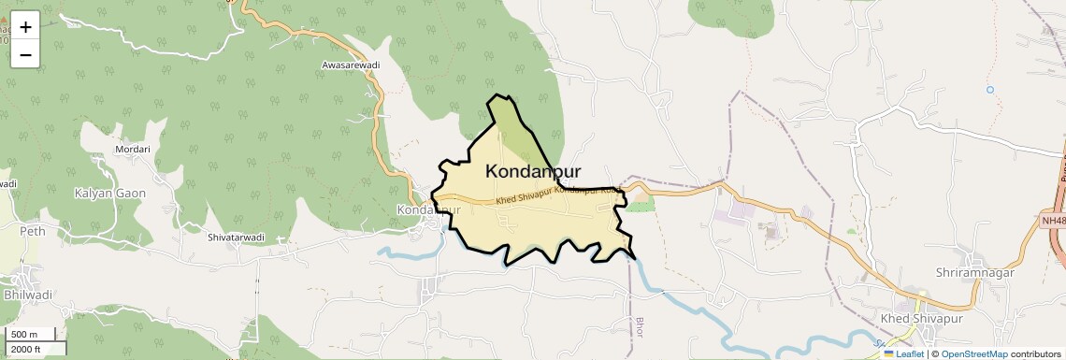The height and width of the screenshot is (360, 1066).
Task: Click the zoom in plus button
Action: pos(25,27)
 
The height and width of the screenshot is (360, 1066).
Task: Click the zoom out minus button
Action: pos(25,54)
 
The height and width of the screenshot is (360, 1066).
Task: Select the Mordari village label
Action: pos(132,150)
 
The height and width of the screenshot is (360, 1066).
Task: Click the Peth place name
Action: pos(33,231)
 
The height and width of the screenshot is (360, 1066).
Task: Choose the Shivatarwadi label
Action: pos(237,238)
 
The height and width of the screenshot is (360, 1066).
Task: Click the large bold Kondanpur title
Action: pos(533,172)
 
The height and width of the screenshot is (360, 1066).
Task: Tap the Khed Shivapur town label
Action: pos(921,320)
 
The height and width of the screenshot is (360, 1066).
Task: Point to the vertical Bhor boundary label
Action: pos(641,328)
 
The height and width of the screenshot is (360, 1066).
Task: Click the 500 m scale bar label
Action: pos(23,335)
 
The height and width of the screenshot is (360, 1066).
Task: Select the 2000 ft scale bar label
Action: pos(25,349)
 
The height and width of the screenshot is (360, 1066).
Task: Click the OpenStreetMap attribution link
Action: pos(973,354)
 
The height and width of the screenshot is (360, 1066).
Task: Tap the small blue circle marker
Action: pos(989,90)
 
